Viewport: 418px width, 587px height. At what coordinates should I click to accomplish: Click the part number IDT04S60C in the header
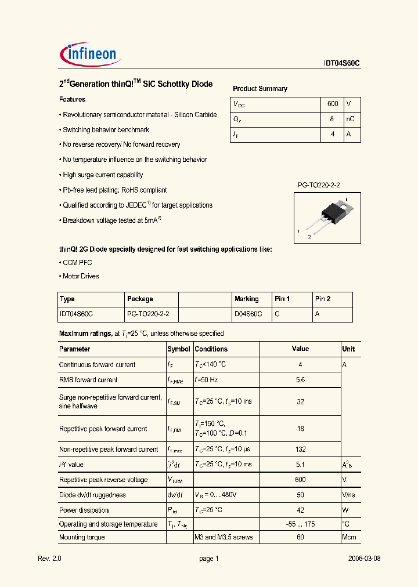[342, 64]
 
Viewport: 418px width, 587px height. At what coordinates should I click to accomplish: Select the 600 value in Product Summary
[333, 104]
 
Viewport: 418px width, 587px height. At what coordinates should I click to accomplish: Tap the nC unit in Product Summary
[350, 119]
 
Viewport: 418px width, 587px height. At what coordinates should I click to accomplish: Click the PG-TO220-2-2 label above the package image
[319, 185]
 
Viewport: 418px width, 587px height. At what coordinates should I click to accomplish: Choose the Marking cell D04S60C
[248, 314]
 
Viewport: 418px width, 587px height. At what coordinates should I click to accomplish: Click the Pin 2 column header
[323, 299]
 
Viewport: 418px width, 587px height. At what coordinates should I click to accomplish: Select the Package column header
[140, 299]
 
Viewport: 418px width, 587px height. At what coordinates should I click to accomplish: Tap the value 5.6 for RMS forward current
[300, 380]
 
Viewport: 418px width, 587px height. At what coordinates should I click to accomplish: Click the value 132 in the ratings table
[300, 450]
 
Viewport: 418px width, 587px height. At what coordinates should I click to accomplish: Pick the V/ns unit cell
[349, 495]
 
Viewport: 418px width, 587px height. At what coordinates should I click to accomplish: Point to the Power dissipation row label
[84, 510]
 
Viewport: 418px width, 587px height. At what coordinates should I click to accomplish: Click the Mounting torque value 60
[300, 538]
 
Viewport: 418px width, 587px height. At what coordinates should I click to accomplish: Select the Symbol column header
[179, 349]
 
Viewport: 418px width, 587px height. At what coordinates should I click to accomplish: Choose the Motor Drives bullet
[81, 276]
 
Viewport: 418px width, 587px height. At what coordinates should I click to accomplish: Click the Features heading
[73, 100]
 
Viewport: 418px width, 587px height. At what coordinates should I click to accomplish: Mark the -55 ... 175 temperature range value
[300, 524]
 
